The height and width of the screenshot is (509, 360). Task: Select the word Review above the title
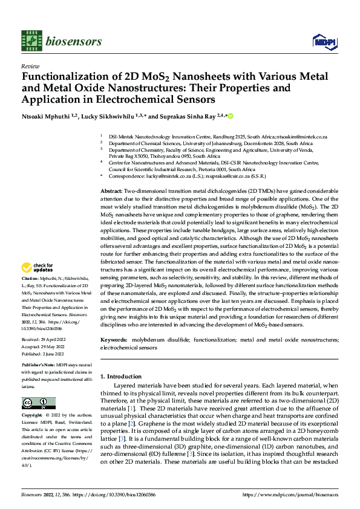click(x=30, y=66)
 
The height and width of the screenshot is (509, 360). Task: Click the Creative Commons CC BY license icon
click(x=38, y=403)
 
